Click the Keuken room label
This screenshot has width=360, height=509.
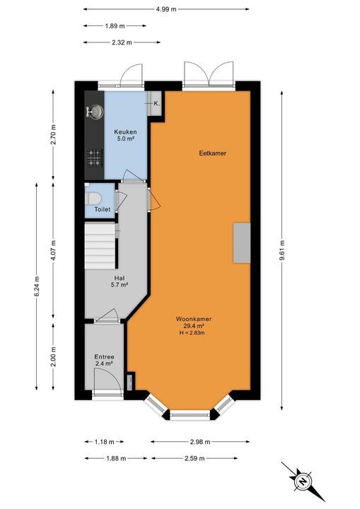(x=126, y=132)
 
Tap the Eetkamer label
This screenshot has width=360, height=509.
(x=213, y=153)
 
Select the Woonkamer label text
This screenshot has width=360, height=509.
(x=194, y=319)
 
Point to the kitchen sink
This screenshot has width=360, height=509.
(x=93, y=112)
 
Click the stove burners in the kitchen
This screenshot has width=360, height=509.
(x=93, y=156)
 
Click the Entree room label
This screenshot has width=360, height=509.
(x=104, y=358)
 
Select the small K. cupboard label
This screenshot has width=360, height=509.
(x=156, y=103)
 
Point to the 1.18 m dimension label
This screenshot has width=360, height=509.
(x=104, y=443)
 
